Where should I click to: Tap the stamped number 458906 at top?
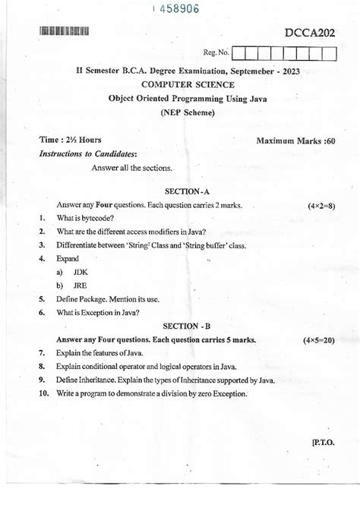tap(176, 8)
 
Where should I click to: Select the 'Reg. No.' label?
tap(216, 52)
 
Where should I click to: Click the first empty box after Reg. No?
tap(240, 53)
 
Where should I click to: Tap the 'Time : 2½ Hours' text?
tap(70, 140)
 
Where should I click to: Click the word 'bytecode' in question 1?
tap(96, 219)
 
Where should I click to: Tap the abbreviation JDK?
tap(81, 271)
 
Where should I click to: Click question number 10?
tap(43, 393)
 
